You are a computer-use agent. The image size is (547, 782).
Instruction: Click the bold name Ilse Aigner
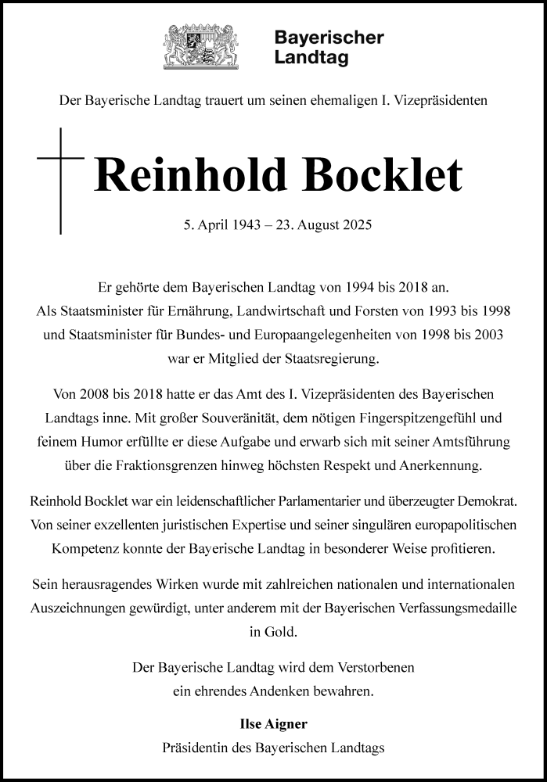[x=273, y=724]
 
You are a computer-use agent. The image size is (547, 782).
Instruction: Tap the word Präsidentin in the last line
[x=192, y=748]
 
